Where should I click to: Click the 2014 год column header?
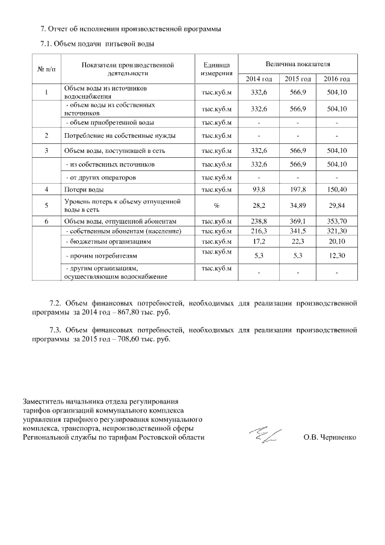tap(259, 79)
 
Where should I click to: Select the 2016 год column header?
tap(336, 79)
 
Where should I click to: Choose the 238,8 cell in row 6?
tap(259, 222)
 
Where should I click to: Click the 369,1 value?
tap(298, 222)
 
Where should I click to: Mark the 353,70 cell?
tap(336, 222)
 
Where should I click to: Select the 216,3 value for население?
tap(259, 231)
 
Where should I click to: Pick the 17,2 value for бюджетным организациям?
tap(259, 241)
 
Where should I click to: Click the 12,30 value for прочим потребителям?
tap(336, 255)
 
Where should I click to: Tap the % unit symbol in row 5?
tap(215, 205)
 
